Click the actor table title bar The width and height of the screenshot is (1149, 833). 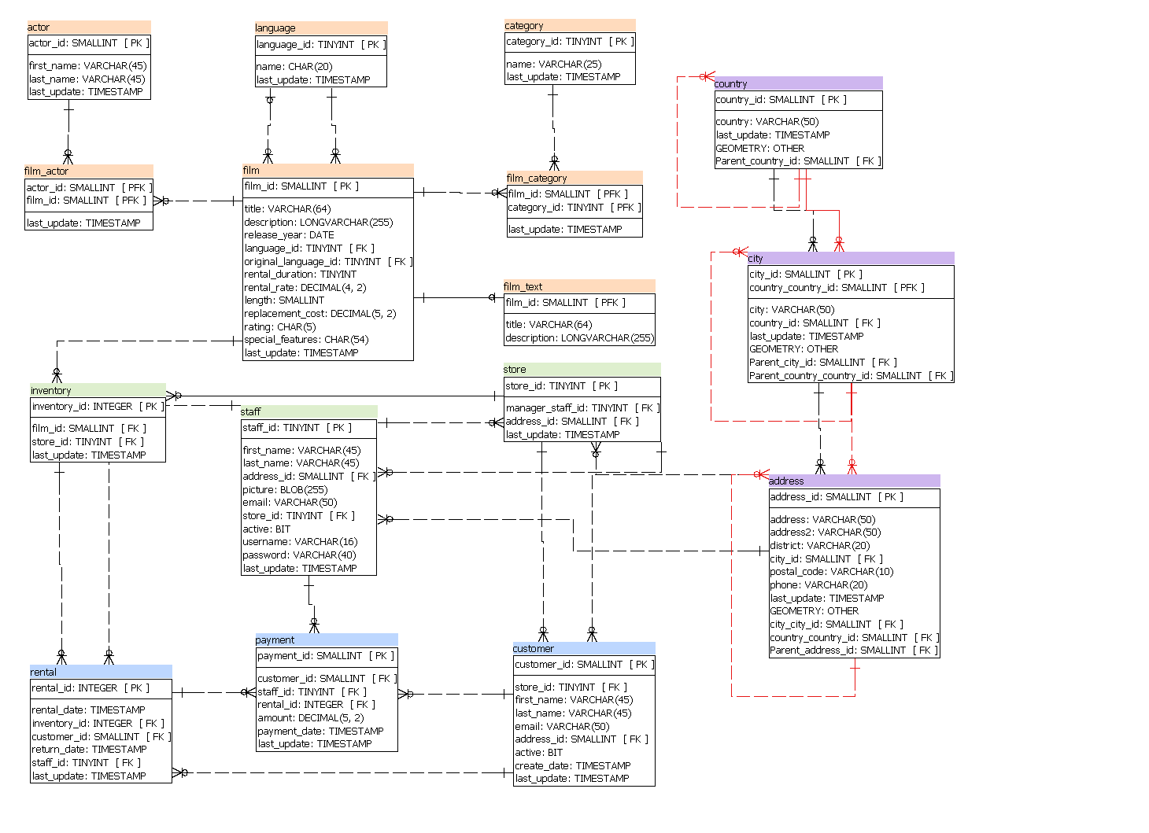(x=88, y=28)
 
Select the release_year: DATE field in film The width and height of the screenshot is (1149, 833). (x=289, y=235)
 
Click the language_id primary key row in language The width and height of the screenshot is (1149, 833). (x=320, y=46)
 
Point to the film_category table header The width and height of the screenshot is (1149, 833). (x=574, y=179)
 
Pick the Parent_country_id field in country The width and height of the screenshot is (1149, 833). (x=796, y=161)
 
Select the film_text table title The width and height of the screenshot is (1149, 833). (x=578, y=287)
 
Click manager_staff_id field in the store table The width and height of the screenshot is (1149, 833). (x=581, y=408)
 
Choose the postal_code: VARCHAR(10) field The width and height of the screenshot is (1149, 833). (x=831, y=572)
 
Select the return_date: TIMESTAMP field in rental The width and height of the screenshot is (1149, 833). (x=89, y=750)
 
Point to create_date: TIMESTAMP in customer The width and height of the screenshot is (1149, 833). (x=572, y=766)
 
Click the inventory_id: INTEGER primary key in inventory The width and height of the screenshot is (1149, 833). (x=97, y=407)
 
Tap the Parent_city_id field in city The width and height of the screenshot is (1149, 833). (x=822, y=363)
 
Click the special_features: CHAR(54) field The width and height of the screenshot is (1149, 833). (x=306, y=340)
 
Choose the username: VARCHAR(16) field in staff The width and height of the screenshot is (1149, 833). (x=300, y=542)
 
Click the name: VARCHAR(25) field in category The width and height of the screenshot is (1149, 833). (x=553, y=65)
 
